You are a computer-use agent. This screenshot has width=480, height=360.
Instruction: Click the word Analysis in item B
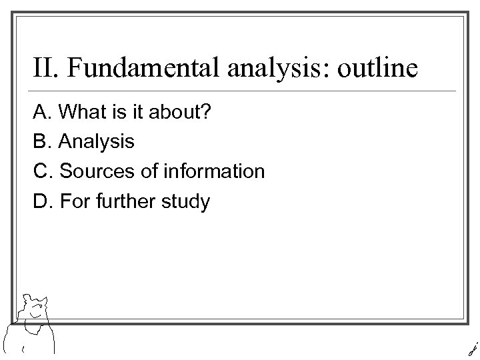click(97, 142)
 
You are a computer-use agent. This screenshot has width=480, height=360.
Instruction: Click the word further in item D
click(125, 200)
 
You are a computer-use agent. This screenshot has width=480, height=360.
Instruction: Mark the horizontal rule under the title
click(244, 91)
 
